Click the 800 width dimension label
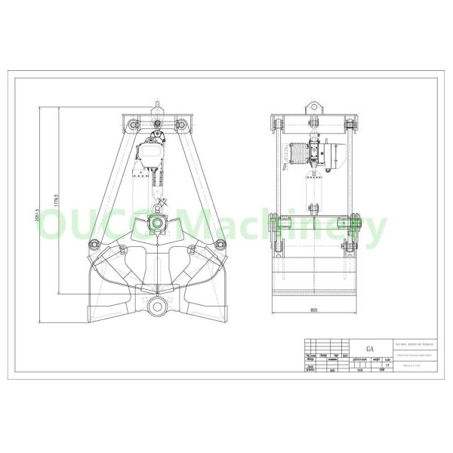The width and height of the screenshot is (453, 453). [x=313, y=310]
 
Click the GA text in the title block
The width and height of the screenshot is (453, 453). [x=369, y=349]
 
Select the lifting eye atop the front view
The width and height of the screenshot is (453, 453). [x=157, y=105]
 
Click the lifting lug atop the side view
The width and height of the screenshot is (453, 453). [x=313, y=106]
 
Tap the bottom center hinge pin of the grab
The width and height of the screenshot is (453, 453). [x=159, y=306]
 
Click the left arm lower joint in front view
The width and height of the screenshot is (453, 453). [x=94, y=243]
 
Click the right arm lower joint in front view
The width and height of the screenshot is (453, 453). [x=220, y=243]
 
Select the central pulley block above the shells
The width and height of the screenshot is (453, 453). [x=159, y=222]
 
